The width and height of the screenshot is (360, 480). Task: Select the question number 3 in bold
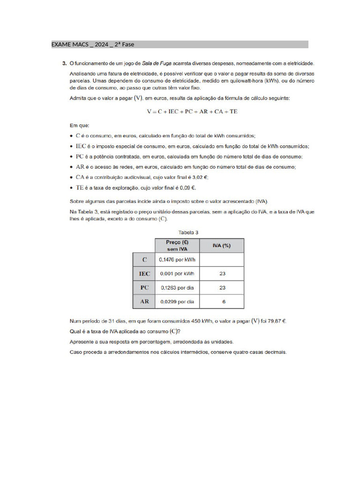[64, 62]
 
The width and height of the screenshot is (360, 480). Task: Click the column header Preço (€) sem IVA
[177, 246]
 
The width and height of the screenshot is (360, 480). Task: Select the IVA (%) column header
[222, 246]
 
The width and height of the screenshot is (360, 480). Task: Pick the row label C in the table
[144, 260]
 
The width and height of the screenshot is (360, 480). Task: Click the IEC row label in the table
[144, 274]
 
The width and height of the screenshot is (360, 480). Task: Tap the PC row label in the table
[144, 288]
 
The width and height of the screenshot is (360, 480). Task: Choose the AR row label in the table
[144, 302]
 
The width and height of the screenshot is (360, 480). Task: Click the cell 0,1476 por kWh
[177, 260]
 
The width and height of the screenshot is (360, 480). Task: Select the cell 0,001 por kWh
[177, 274]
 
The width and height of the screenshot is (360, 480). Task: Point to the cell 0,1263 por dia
[177, 288]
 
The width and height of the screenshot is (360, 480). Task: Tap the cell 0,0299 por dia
[177, 302]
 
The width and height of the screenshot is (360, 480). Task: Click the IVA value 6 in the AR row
[224, 302]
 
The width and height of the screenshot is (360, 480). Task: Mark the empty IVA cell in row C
[222, 260]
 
